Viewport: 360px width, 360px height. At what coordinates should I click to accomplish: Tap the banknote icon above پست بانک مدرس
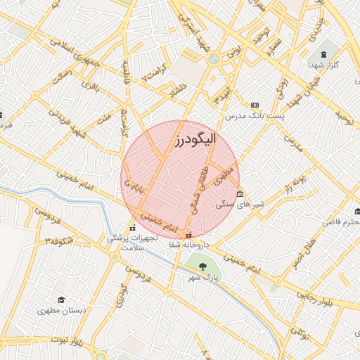coord(255,104)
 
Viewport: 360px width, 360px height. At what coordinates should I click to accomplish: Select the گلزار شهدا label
coord(324,65)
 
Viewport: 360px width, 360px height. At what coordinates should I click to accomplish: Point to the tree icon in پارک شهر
coord(203,266)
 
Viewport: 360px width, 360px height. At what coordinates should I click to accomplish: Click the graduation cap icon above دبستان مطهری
coord(63,298)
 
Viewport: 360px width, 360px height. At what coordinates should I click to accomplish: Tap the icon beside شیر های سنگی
coord(240,193)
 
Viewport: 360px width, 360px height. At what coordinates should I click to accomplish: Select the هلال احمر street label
coord(300,261)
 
